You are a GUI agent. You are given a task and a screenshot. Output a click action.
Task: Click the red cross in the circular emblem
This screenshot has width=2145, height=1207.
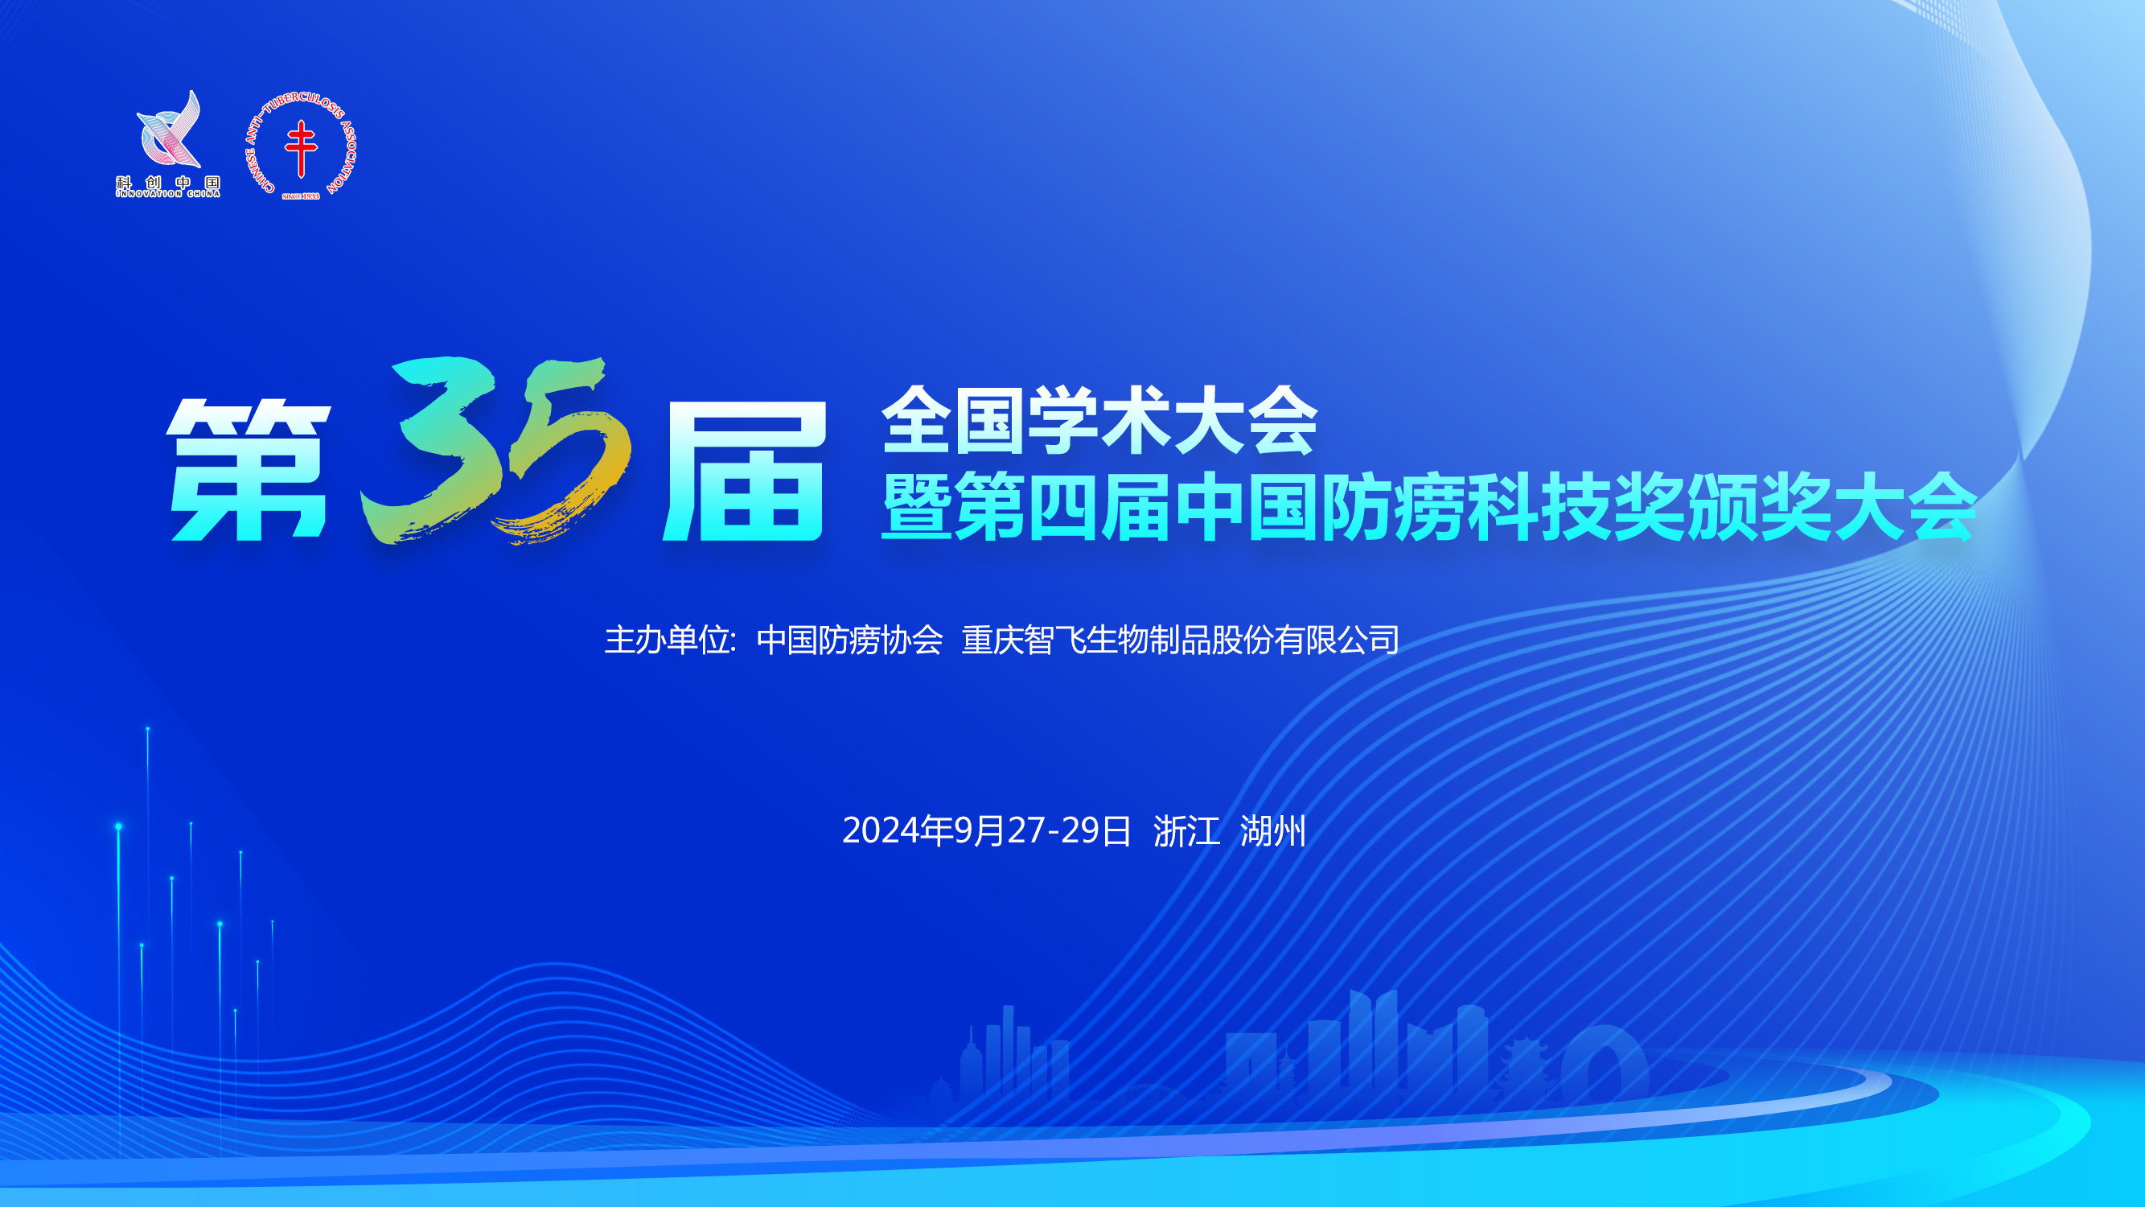301,148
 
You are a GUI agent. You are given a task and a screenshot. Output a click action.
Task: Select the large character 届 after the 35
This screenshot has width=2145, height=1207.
744,471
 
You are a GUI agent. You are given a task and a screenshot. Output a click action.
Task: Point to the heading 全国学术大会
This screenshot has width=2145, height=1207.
1099,420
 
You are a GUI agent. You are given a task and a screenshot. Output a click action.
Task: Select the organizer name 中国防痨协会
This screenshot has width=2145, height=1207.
849,640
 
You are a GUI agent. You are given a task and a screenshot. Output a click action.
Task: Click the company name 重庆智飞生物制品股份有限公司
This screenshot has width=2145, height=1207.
1180,640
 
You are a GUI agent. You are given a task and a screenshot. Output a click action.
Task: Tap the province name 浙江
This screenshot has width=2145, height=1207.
1186,830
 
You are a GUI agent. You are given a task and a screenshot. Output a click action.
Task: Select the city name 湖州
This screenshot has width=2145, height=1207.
1273,830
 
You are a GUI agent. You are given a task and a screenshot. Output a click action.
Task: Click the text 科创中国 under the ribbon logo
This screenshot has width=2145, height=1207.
168,183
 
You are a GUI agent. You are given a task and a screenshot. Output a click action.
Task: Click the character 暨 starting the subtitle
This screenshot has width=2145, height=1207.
916,506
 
